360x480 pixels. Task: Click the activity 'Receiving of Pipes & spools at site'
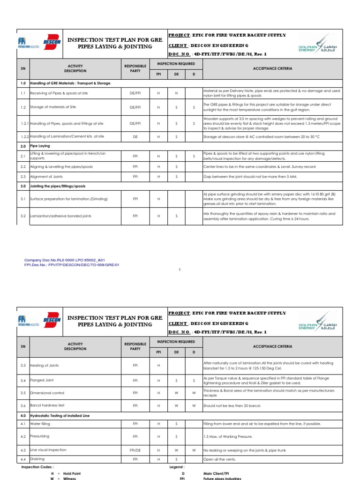[x=59, y=93]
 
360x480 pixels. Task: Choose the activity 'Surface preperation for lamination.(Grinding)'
[x=68, y=199]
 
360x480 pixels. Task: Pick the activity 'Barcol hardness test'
[x=47, y=405]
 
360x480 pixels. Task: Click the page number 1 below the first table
[x=180, y=270]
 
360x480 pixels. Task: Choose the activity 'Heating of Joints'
[x=45, y=365]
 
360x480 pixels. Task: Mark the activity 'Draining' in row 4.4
[x=38, y=459]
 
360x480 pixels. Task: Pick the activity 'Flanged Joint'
[x=42, y=380]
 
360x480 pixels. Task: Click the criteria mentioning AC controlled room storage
[x=261, y=136]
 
